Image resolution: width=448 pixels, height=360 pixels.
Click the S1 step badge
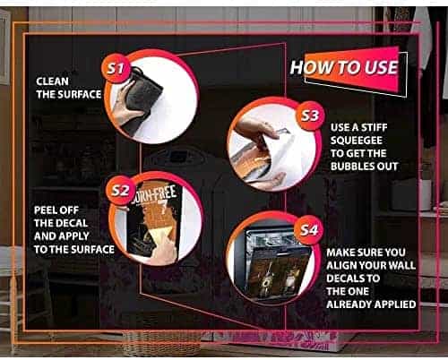click(x=116, y=69)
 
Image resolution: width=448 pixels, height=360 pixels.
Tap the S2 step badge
click(x=121, y=191)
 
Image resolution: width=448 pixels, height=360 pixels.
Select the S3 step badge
click(x=310, y=116)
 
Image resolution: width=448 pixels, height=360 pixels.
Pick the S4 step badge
click(x=309, y=230)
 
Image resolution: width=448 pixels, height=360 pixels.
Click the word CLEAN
click(x=52, y=81)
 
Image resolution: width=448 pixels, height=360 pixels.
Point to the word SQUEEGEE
click(x=357, y=141)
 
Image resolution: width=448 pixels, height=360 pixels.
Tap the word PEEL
click(x=45, y=210)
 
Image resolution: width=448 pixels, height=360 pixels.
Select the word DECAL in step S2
click(x=73, y=223)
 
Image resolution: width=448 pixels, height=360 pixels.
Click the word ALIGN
click(x=341, y=265)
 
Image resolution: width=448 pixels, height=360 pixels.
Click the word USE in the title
click(x=381, y=67)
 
